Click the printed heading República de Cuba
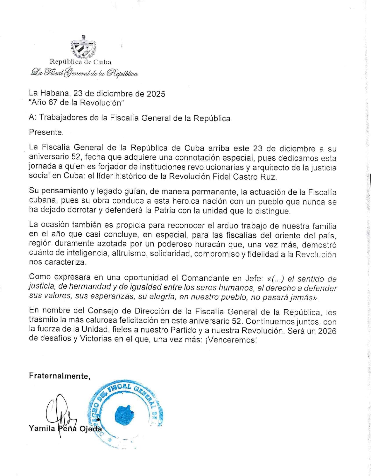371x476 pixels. [x=80, y=62]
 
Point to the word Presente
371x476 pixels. [x=46, y=132]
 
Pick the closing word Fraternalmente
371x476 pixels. [x=59, y=376]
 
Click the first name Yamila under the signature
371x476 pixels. [x=42, y=428]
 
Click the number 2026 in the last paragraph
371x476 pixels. [x=327, y=331]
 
